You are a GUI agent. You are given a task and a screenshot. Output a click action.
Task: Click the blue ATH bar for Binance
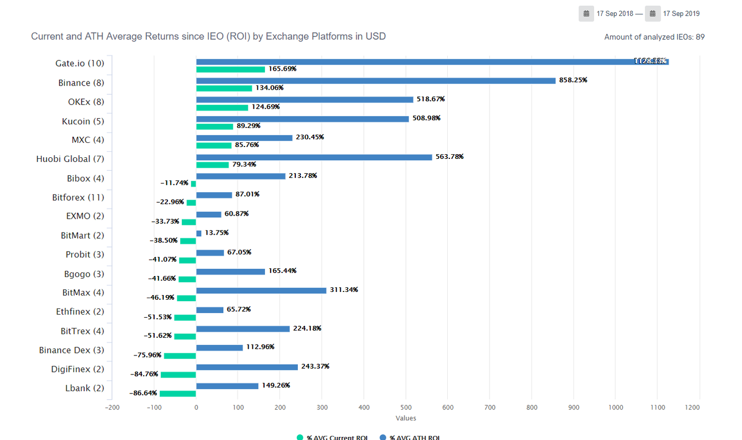[376, 80]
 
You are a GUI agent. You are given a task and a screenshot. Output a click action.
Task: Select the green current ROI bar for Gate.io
[230, 69]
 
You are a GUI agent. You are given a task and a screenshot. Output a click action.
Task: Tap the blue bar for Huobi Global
[314, 157]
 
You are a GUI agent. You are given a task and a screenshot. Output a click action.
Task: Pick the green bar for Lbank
[178, 394]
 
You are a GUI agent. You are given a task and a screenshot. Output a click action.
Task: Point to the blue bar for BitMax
[261, 290]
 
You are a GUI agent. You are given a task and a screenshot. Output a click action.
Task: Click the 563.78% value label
[449, 157]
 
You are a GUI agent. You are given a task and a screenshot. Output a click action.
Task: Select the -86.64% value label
[143, 393]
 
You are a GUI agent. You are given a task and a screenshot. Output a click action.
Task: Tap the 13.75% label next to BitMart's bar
[216, 233]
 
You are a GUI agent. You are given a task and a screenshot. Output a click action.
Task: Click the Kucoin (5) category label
[83, 121]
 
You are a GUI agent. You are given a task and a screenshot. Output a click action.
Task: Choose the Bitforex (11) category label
[78, 198]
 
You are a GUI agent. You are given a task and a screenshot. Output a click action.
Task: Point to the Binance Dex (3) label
[72, 350]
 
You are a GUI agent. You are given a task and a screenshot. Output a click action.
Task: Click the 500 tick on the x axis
[406, 408]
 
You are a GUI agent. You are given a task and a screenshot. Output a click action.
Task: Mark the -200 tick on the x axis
[112, 408]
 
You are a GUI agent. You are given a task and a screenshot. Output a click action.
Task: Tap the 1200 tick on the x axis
[692, 408]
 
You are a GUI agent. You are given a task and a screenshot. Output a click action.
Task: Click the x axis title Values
[406, 418]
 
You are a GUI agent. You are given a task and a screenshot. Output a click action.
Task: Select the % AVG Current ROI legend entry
[332, 437]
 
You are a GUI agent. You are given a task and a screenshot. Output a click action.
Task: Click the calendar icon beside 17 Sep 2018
[586, 14]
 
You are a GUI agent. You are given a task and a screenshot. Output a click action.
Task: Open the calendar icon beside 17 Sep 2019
[652, 14]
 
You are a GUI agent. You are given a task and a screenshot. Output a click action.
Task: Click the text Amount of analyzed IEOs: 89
[654, 37]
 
